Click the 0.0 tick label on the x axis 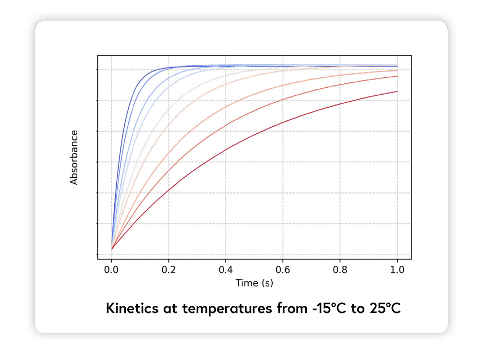pos(111,270)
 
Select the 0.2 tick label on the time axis pos(168,270)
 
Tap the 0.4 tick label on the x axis pos(226,270)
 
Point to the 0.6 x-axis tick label pos(283,270)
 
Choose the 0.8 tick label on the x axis pos(340,270)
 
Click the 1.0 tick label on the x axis pos(397,270)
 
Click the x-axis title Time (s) pos(254,283)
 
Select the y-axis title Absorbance pos(74,157)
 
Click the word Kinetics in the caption pos(130,308)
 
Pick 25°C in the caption pos(384,308)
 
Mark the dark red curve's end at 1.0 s pos(397,91)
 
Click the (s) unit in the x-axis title pos(267,283)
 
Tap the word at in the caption pos(166,308)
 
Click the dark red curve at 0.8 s pos(340,104)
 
